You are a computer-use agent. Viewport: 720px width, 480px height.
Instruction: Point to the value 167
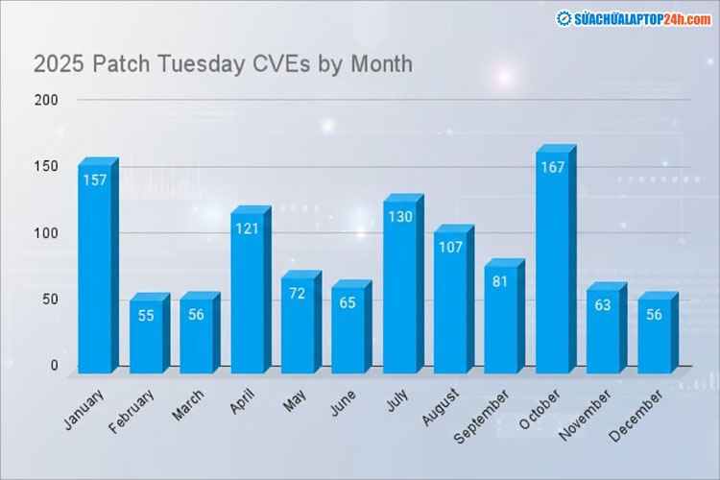[x=551, y=167]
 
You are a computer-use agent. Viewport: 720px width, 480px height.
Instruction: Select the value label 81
[x=500, y=281]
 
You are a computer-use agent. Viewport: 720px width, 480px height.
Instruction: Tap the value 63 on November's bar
[x=603, y=306]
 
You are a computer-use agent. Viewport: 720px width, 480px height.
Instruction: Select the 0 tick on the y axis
[x=54, y=366]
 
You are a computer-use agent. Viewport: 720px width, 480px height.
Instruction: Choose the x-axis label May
[x=296, y=399]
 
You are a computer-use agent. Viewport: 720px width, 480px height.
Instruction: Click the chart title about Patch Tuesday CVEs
[x=223, y=64]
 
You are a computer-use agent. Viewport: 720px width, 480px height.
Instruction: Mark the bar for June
[x=348, y=331]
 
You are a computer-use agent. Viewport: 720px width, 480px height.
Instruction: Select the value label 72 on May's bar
[x=298, y=294]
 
